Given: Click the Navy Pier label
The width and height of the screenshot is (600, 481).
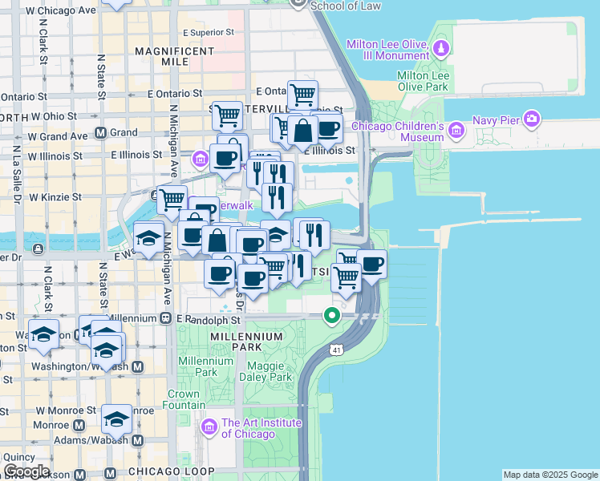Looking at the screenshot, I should tap(563, 120).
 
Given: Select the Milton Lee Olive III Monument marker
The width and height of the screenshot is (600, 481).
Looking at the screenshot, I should tap(440, 51).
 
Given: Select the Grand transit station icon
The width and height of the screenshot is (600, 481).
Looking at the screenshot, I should tap(101, 133).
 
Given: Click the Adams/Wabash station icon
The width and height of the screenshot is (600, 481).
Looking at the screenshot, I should tap(137, 440).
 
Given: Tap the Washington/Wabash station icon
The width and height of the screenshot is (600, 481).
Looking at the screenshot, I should tap(137, 366).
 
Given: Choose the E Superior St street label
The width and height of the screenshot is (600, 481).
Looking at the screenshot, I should tap(208, 33).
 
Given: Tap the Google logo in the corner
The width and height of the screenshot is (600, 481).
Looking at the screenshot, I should tap(26, 471).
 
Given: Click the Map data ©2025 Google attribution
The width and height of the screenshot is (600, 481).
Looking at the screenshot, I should tap(549, 475).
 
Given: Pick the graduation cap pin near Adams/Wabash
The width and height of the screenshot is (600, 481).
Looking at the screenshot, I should tap(116, 419).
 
